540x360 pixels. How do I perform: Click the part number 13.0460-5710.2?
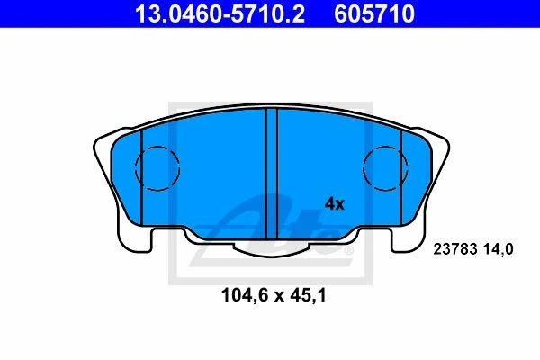point(220,14)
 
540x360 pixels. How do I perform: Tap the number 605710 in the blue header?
point(374,14)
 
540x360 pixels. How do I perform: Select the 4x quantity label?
point(335,204)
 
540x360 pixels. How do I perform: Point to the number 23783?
point(454,248)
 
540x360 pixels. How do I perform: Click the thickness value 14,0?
point(498,249)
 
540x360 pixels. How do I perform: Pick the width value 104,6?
point(245,295)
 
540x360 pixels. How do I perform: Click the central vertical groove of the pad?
point(272,174)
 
